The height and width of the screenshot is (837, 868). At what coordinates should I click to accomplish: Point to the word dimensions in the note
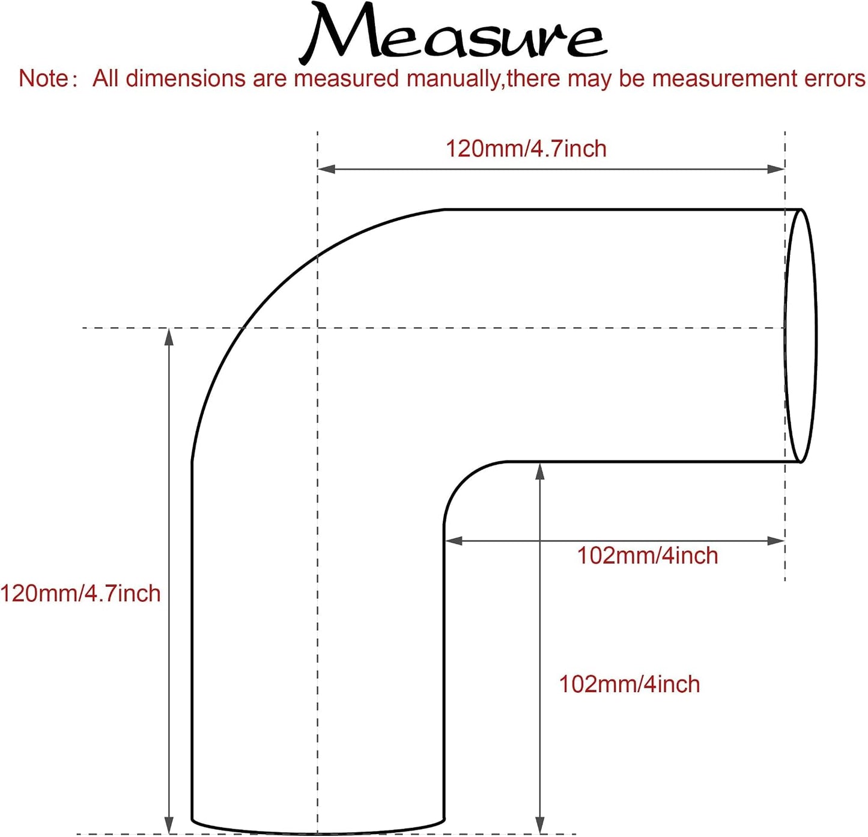click(x=184, y=79)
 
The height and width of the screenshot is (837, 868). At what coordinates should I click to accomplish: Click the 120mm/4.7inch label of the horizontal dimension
click(x=526, y=148)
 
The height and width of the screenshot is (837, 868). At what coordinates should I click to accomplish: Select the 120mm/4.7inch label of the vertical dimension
click(x=80, y=593)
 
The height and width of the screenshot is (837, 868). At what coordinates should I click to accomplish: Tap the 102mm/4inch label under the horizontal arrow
click(x=647, y=556)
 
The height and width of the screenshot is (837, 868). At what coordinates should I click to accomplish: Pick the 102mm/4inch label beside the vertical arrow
click(x=629, y=684)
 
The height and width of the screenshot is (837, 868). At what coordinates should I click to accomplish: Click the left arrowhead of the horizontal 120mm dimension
click(x=326, y=169)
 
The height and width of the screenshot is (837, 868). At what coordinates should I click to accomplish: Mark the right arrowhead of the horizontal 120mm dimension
click(x=775, y=169)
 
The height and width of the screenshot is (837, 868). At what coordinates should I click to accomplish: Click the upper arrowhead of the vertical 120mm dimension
click(x=169, y=337)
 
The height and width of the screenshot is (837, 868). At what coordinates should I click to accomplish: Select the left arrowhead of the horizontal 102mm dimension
click(x=454, y=541)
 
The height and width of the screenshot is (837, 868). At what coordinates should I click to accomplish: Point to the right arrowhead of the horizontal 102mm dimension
click(x=775, y=541)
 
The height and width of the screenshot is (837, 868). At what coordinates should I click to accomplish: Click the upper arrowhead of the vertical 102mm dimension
click(x=539, y=471)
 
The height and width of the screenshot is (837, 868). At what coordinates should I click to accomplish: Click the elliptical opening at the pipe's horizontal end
click(x=816, y=336)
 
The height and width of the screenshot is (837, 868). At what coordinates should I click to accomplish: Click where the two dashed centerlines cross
click(x=317, y=328)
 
